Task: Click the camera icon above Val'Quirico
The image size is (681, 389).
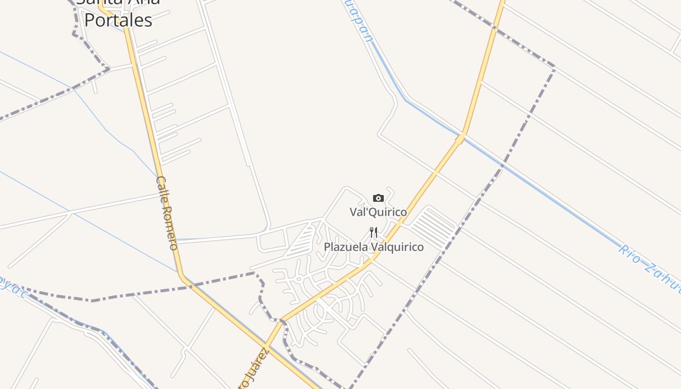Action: click(378, 198)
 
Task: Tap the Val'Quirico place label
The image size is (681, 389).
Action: click(378, 212)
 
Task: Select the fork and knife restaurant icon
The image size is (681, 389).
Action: click(374, 232)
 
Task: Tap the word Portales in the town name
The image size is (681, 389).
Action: click(118, 20)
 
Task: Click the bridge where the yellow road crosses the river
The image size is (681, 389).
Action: click(460, 139)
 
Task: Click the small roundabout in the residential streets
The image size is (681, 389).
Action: click(298, 279)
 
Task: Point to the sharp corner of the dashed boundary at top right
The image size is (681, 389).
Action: click(554, 67)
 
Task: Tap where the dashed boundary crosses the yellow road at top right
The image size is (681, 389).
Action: click(494, 28)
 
